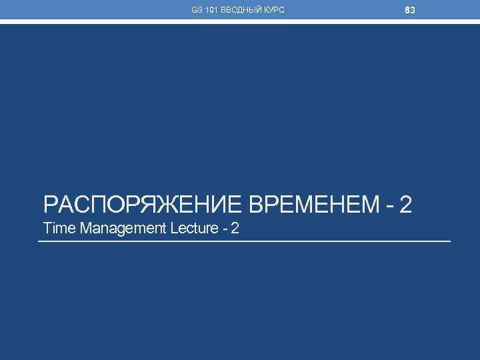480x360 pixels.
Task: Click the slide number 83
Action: tap(410, 10)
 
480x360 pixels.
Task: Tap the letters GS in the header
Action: tap(197, 11)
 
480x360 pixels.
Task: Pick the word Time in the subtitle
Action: tap(59, 229)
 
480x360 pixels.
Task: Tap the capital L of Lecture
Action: tap(174, 229)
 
